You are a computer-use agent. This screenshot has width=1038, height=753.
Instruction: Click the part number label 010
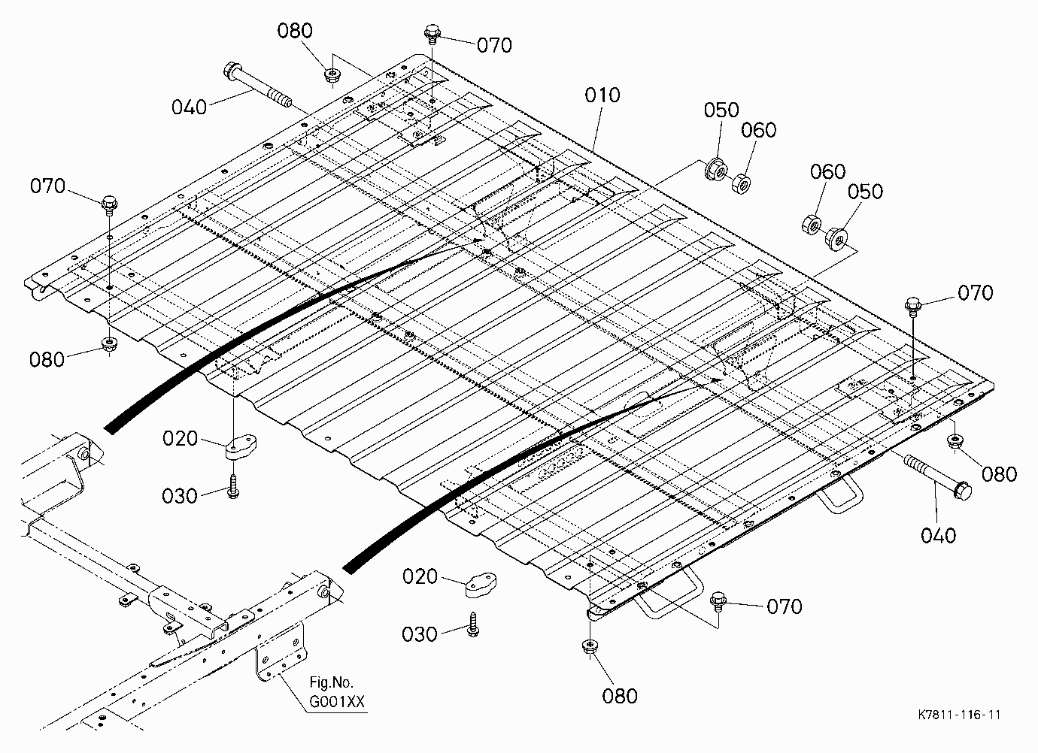(602, 95)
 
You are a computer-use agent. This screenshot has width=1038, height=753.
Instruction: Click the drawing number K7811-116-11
(959, 715)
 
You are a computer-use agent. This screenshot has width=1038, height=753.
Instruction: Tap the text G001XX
(337, 702)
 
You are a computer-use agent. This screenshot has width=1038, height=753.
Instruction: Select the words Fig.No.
(331, 682)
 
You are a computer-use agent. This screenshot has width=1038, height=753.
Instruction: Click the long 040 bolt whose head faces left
(257, 86)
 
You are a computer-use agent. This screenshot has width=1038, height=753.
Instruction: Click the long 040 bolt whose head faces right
(937, 476)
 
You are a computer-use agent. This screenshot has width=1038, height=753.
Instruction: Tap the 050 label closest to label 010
(721, 110)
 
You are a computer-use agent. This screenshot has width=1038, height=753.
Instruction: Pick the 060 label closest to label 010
(759, 130)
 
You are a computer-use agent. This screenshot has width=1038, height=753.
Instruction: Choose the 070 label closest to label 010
(494, 45)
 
